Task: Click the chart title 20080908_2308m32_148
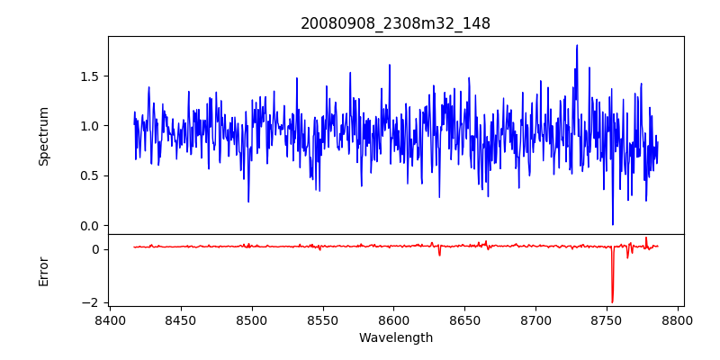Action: click(x=395, y=23)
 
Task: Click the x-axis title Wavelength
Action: click(x=395, y=337)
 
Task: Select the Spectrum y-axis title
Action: click(x=44, y=136)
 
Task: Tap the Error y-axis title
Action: click(x=44, y=271)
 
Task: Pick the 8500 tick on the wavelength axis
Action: click(x=252, y=319)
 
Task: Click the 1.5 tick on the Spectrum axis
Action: click(x=90, y=76)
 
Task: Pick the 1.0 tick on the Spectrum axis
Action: click(x=90, y=125)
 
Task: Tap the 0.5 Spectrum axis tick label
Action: click(x=90, y=175)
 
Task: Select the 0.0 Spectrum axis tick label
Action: click(x=90, y=225)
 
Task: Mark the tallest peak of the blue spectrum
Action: click(x=577, y=46)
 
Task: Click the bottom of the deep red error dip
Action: click(x=612, y=302)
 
